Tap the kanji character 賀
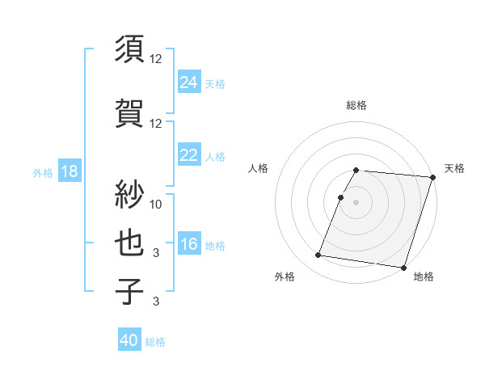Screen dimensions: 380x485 pos(130,113)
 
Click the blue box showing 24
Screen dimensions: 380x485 pos(189,82)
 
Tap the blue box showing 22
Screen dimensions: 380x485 pos(189,155)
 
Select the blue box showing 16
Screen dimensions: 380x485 pos(189,244)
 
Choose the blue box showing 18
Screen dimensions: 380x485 pos(69,171)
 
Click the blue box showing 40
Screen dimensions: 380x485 pos(129,340)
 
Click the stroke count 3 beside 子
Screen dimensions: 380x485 pos(157,302)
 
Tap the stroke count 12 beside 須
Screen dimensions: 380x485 pos(157,59)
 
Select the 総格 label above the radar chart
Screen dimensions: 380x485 pos(356,105)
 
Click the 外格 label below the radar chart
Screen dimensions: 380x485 pos(285,277)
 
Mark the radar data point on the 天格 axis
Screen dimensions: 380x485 pos(432,177)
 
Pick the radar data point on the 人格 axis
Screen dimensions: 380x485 pos(340,198)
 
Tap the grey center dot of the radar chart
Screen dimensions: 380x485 pos(356,202)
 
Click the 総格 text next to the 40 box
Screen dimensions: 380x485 pos(155,342)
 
